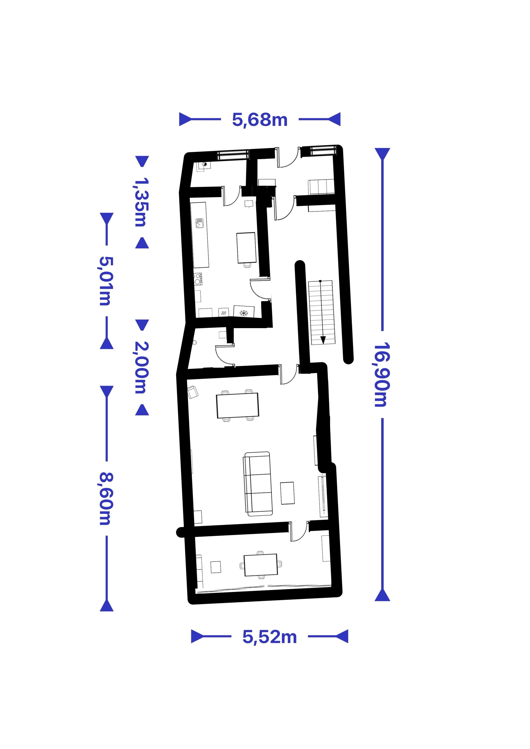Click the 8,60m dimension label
[x=105, y=498]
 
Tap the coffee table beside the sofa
[x=287, y=493]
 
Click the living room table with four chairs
[x=237, y=405]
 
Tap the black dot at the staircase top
[x=320, y=281]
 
